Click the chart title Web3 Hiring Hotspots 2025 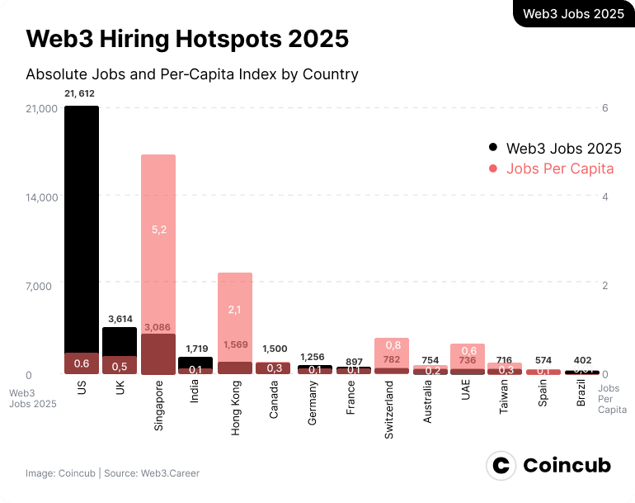[x=187, y=39]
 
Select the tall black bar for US [x=82, y=231]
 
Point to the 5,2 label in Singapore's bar [x=158, y=229]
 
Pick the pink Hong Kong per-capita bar [x=234, y=314]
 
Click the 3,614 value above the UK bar [x=120, y=318]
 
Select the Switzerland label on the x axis [x=388, y=410]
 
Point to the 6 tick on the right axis [x=604, y=108]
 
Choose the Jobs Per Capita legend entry [x=560, y=168]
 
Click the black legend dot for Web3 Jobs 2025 [x=493, y=149]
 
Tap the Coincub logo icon [x=501, y=466]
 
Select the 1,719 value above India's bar [x=195, y=349]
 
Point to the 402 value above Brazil [x=582, y=360]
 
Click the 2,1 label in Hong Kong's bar [x=234, y=309]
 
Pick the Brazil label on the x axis [x=581, y=396]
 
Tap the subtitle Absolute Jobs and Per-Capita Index [x=192, y=74]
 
